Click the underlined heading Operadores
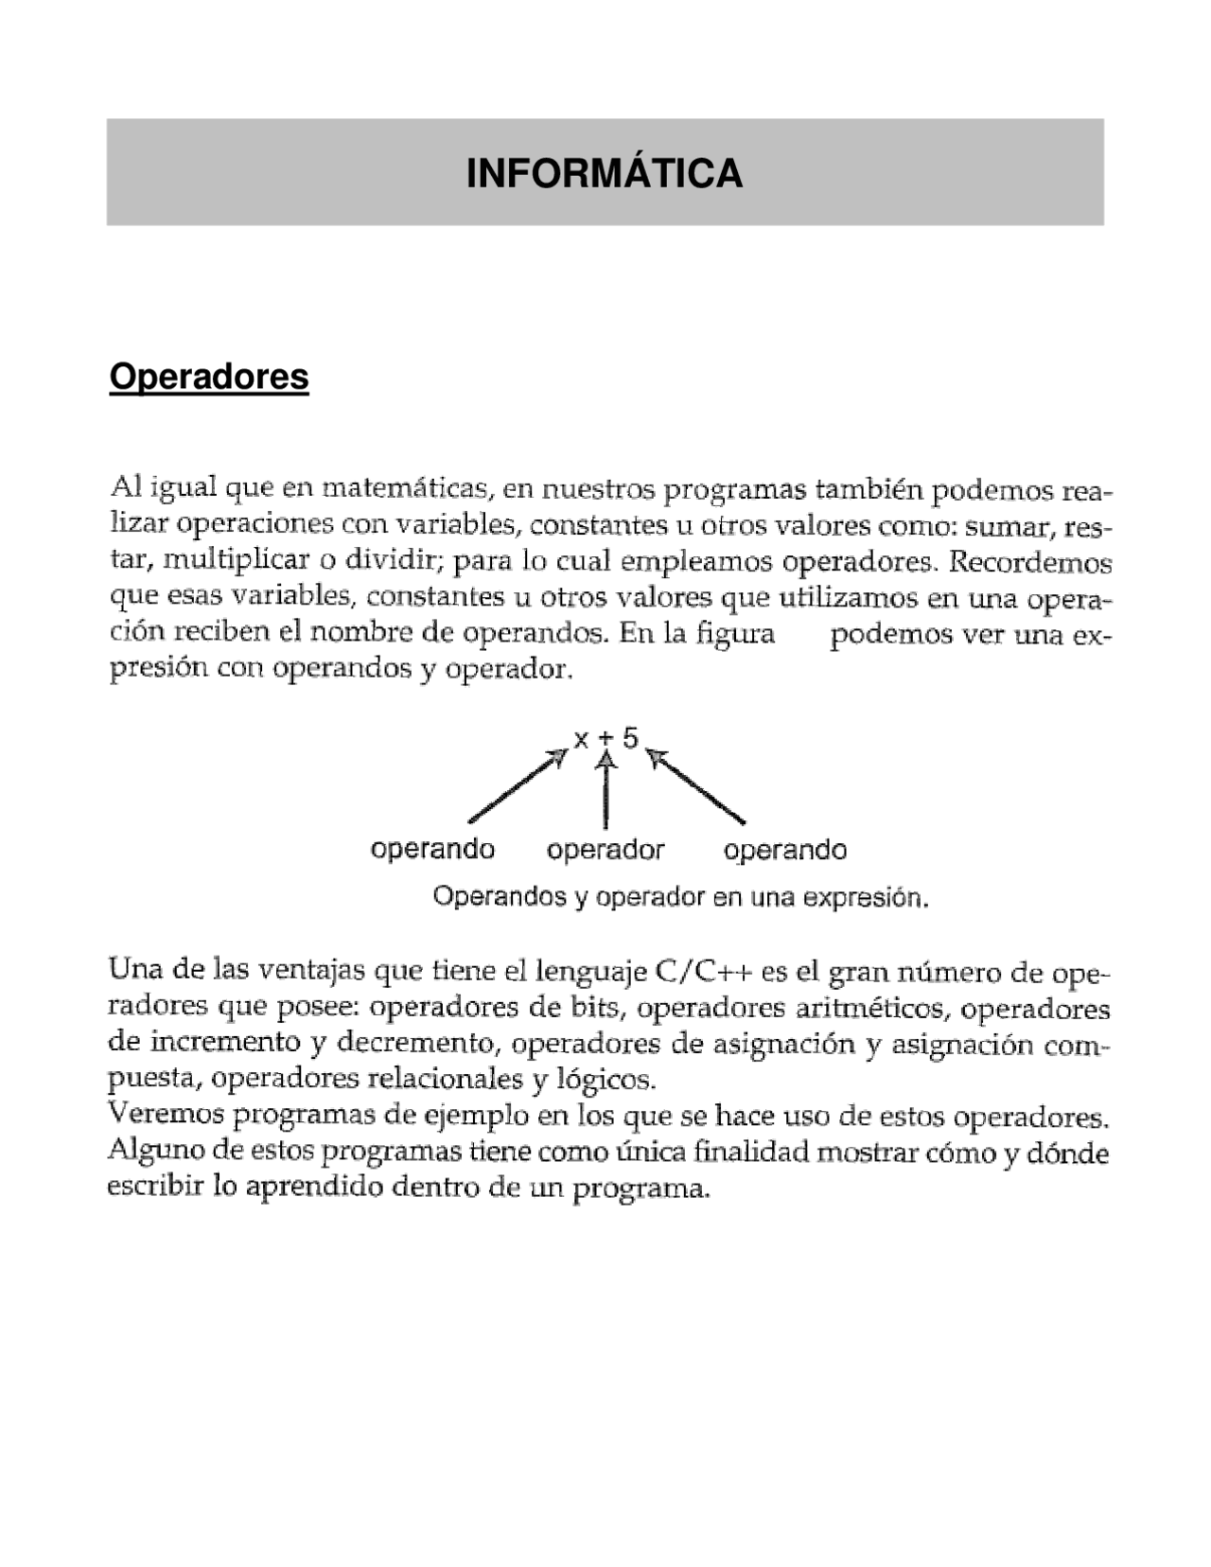click(x=209, y=377)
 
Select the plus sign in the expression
click(x=605, y=738)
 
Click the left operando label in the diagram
click(x=432, y=850)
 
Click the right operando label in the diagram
click(x=784, y=850)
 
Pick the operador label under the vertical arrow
click(x=605, y=850)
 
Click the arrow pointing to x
click(x=517, y=787)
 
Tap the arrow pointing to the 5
click(x=696, y=787)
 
